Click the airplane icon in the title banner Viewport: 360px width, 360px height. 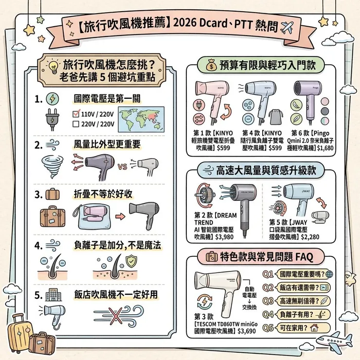(289, 26)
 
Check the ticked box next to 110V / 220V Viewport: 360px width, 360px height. (75, 114)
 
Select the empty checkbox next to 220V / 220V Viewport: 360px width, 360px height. (75, 124)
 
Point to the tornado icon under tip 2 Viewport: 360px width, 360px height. (50, 165)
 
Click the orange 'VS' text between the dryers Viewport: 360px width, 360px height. (123, 165)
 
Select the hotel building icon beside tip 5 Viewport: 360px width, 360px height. (52, 295)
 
